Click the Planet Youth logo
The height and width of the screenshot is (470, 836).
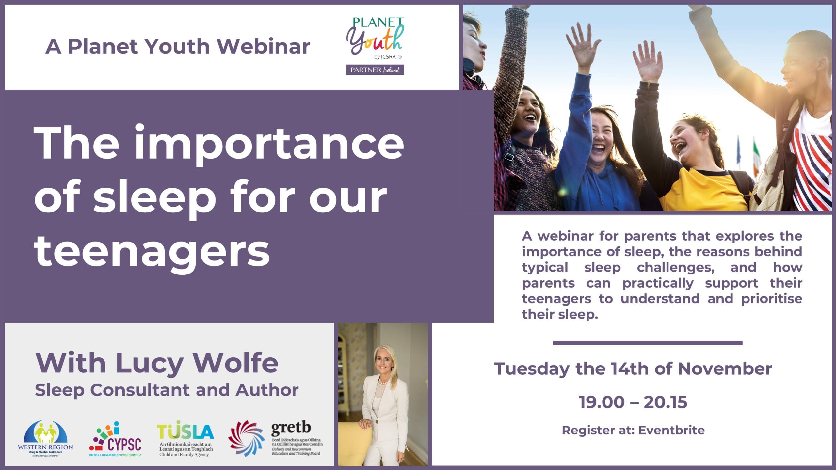[375, 46]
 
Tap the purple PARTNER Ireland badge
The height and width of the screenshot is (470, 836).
[375, 70]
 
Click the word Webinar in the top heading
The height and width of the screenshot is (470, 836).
[264, 46]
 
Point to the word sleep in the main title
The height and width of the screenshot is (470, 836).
[154, 197]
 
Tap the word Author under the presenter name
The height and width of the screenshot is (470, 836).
[267, 390]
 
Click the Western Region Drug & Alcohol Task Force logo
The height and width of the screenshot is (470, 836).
[45, 438]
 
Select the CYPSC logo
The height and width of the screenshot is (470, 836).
[115, 439]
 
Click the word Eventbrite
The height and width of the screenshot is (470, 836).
[671, 430]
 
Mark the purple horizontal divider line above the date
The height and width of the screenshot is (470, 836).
[648, 343]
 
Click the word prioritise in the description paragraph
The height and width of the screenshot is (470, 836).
[771, 299]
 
